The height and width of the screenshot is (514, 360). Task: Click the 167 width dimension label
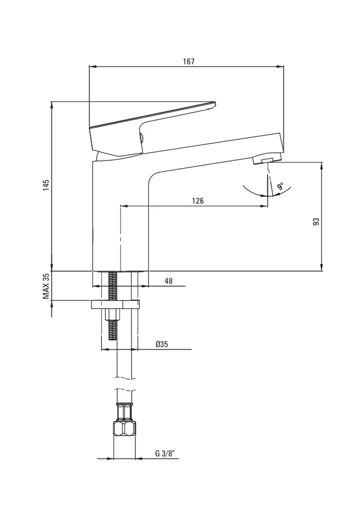click(189, 61)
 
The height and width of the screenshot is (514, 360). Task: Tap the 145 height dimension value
click(46, 185)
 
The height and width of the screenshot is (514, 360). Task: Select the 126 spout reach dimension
click(197, 200)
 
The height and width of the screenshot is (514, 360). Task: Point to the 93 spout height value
click(316, 221)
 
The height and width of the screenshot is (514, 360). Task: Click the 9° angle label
click(281, 187)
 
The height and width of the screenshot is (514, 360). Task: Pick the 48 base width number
click(169, 281)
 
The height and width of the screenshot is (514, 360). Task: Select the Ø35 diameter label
click(161, 344)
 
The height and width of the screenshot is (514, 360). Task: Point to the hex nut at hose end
click(124, 428)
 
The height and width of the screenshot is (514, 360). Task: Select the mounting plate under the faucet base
click(115, 304)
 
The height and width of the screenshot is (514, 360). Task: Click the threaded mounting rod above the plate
click(113, 285)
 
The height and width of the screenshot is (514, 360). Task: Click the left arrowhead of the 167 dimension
click(92, 66)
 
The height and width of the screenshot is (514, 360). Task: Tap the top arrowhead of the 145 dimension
click(51, 104)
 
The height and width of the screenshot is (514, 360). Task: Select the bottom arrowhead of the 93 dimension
click(322, 268)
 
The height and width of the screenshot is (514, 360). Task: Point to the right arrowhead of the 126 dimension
click(264, 206)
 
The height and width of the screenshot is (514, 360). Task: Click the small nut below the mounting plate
click(113, 314)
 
